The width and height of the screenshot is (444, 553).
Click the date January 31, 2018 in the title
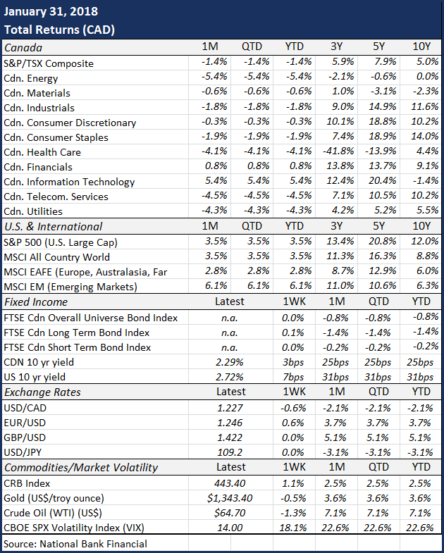pos(51,12)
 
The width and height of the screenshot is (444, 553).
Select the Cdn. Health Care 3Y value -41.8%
pos(338,151)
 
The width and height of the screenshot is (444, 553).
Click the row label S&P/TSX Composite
pos(49,63)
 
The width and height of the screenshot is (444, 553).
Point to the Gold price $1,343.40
pos(230,498)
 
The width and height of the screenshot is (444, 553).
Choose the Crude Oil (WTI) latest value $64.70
pos(230,513)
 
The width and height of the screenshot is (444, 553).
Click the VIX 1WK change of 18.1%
pos(293,528)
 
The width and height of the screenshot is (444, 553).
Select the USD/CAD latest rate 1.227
pos(230,408)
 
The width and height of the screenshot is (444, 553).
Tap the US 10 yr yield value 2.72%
pos(230,377)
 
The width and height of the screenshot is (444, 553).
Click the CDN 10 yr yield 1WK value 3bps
pos(293,362)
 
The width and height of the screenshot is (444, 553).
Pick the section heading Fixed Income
pos(36,302)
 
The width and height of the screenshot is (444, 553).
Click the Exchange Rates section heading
pos(42,392)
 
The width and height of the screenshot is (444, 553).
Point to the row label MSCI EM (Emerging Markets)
pos(70,287)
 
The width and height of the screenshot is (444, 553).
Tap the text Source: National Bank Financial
pos(75,543)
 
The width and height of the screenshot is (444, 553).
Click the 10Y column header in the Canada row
pos(421,46)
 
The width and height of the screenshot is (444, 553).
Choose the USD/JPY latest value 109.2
pos(230,452)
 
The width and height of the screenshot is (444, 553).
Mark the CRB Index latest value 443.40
pos(230,483)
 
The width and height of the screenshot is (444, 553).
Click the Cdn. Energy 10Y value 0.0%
pos(427,76)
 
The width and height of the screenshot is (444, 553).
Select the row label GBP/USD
pos(25,437)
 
